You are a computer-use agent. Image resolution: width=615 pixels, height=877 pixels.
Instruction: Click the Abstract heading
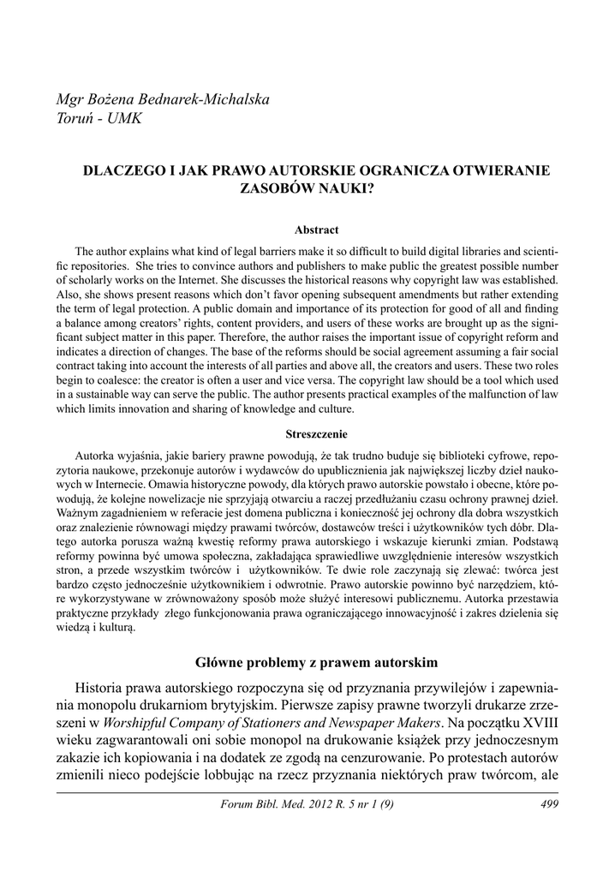pyautogui.click(x=317, y=230)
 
